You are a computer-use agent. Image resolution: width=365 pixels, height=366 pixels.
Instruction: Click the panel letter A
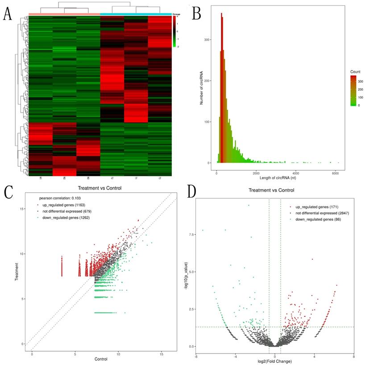[8, 14]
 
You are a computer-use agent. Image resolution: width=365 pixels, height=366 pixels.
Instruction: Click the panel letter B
[196, 14]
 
